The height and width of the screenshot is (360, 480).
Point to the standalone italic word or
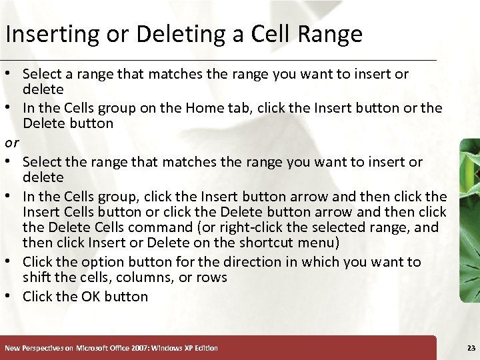[x=11, y=143]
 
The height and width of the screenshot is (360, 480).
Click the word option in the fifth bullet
[x=95, y=262]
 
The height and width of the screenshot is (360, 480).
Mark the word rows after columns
[x=213, y=277]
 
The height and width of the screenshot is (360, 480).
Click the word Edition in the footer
[x=205, y=348]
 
